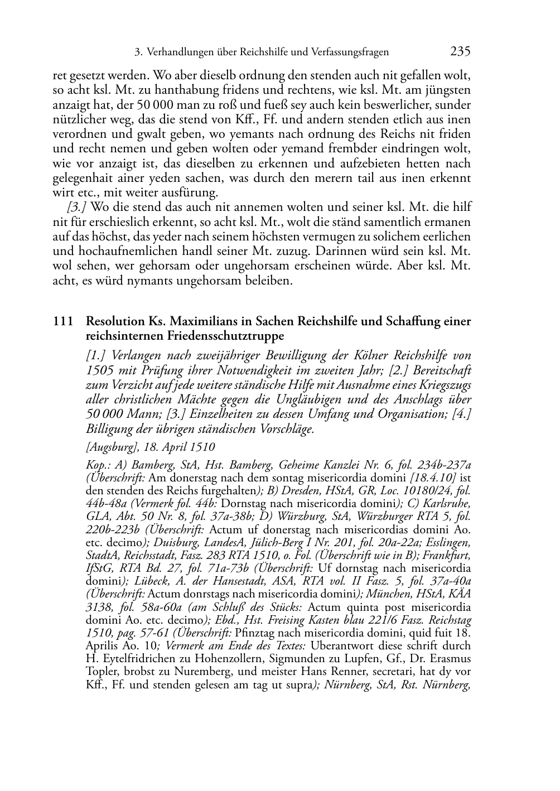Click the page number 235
460,52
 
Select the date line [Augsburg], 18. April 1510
151,447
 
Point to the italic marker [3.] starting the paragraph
76,207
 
